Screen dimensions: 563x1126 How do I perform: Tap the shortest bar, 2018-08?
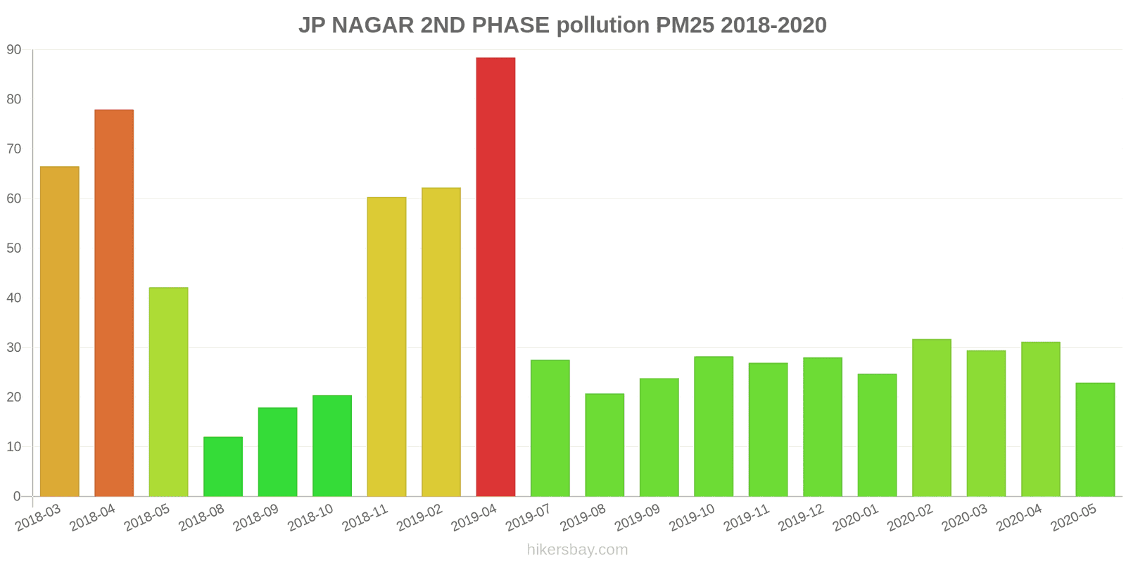tap(223, 467)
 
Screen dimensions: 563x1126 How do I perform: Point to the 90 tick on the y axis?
tap(14, 50)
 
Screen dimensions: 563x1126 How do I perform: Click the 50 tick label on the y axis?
tap(14, 248)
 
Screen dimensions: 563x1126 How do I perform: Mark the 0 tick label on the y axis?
tap(17, 497)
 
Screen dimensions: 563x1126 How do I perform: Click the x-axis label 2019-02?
tap(420, 519)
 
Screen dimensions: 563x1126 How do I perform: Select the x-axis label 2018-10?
tap(311, 519)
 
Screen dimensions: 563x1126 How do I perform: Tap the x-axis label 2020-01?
tap(856, 519)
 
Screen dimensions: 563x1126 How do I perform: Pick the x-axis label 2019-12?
tap(802, 519)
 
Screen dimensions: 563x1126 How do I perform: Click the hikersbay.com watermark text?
tap(577, 550)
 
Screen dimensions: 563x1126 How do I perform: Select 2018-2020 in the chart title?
tap(773, 25)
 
